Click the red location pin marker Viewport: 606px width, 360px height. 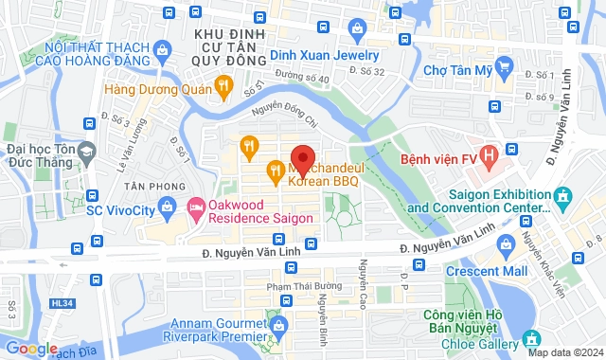(302, 158)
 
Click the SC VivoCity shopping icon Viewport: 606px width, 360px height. (169, 205)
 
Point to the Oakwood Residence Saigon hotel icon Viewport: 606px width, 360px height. (196, 206)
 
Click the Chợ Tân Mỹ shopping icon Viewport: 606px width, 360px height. (504, 68)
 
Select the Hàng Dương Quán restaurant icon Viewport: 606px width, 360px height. (223, 87)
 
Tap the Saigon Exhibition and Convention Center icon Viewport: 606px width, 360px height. (563, 196)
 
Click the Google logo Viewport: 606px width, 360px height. (30, 348)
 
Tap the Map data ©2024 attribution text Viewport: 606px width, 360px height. (564, 353)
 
